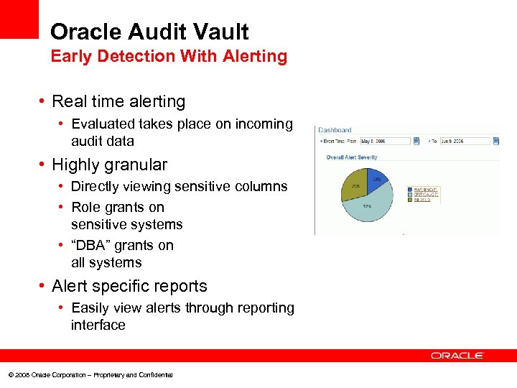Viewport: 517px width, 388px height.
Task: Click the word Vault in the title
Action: (x=219, y=32)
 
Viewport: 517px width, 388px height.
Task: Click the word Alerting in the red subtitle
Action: (x=255, y=56)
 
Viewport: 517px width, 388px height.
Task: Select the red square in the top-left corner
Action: (x=19, y=19)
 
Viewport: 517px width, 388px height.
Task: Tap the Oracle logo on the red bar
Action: (x=457, y=355)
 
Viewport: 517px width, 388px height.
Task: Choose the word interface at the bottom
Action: (x=98, y=325)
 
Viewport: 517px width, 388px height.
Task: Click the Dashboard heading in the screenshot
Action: (x=335, y=130)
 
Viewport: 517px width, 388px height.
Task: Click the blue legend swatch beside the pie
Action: (x=409, y=190)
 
